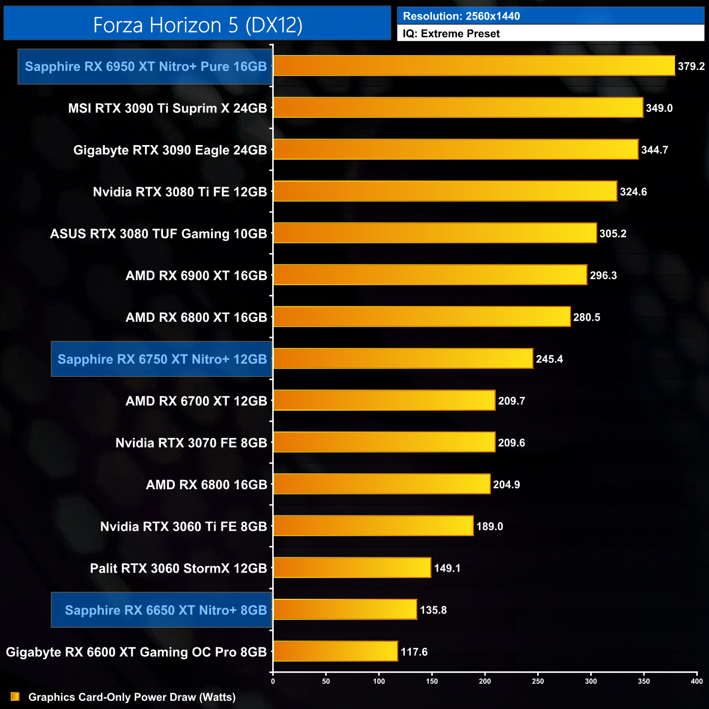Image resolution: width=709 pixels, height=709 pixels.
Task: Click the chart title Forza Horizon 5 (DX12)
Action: coord(197,25)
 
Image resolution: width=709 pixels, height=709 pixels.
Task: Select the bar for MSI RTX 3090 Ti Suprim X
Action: coord(458,107)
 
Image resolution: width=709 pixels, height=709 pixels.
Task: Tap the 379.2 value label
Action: coord(691,67)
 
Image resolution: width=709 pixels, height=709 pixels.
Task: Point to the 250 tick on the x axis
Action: coord(538,681)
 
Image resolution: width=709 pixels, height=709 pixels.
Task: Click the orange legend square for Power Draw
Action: coord(15,697)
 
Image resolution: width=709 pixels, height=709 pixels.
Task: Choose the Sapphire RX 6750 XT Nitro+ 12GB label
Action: coord(162,359)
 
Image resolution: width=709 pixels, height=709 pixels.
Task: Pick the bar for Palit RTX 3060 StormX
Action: coord(352,568)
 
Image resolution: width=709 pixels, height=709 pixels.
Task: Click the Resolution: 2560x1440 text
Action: coord(461,16)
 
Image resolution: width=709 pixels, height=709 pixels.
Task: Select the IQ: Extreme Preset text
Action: coord(451,34)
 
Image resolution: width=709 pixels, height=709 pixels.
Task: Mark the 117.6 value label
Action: coord(414,652)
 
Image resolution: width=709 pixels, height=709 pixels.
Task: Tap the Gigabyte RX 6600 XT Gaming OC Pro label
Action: coord(136,652)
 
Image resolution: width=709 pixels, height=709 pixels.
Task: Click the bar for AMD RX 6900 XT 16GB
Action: coord(430,275)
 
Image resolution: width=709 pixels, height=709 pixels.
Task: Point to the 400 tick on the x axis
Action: coord(696,681)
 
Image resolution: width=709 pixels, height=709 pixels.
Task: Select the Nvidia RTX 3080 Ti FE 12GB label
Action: coord(180,192)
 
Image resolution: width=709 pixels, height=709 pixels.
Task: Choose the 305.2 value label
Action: coord(612,233)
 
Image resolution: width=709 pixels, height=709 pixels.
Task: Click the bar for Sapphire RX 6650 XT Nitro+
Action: coord(345,609)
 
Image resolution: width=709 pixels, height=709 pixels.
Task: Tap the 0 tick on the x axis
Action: coord(273,681)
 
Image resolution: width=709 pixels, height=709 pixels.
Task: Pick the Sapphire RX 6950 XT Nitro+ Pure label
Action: coord(146,67)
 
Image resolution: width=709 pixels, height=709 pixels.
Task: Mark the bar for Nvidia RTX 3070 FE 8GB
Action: coord(384,442)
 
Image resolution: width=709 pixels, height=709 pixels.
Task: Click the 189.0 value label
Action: coord(489,526)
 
